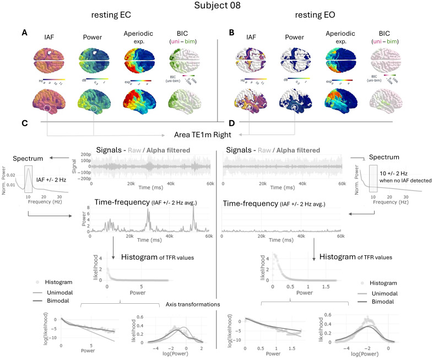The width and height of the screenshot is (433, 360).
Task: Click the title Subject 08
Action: [216, 7]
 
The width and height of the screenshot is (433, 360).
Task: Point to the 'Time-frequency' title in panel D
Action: [250, 204]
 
